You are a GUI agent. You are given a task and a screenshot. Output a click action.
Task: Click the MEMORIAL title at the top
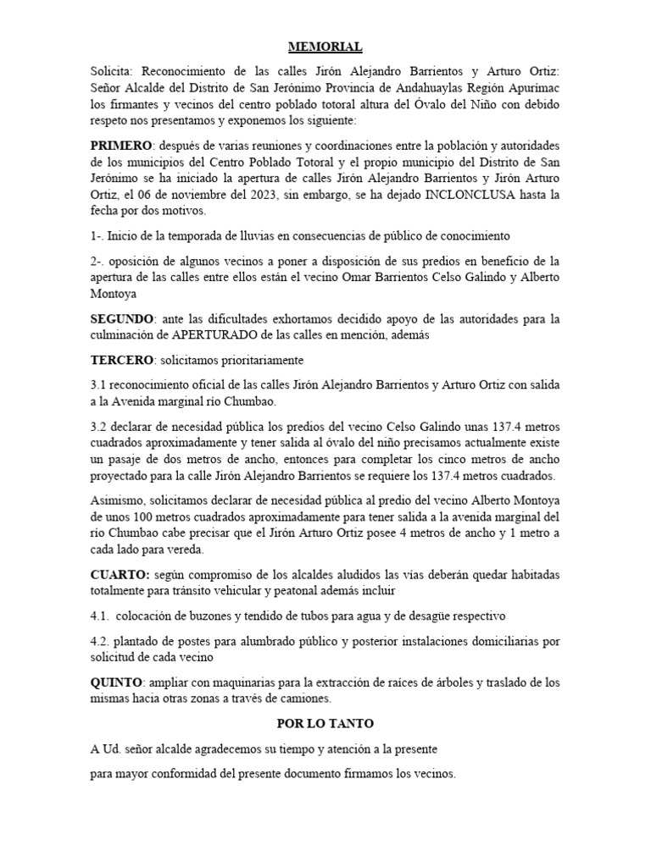coord(325,47)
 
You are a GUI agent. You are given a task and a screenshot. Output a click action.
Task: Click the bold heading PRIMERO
coord(120,145)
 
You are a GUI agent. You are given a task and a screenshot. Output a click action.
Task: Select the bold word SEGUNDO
coord(121,319)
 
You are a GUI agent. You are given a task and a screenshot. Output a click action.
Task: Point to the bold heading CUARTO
coord(119,574)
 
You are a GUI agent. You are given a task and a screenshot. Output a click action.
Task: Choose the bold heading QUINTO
coord(117,682)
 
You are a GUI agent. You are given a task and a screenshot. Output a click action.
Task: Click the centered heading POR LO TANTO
coord(325,724)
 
